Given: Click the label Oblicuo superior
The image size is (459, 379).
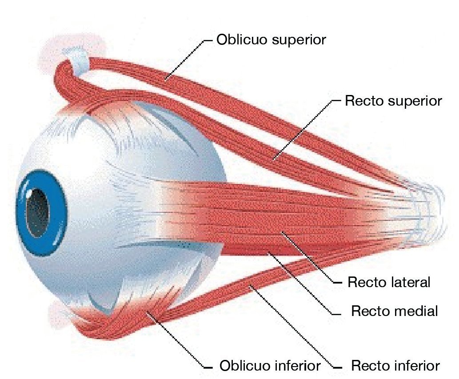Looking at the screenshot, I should tap(271, 40).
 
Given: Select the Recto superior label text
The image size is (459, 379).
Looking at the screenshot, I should tap(393, 101).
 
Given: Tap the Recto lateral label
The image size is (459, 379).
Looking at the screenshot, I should tap(389, 282).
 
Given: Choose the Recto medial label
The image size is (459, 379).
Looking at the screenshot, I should tap(394, 311).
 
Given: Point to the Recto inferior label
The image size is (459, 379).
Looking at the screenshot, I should tap(395, 366).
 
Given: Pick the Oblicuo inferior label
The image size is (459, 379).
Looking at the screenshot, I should tap(270, 366).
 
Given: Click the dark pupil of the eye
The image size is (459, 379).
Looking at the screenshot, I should tap(36, 212).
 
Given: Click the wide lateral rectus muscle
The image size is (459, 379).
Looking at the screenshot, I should tap(267, 213).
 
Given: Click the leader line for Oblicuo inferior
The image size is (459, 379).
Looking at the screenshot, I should tap(178, 342).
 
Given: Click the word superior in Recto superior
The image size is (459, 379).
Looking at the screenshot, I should tap(415, 101).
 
